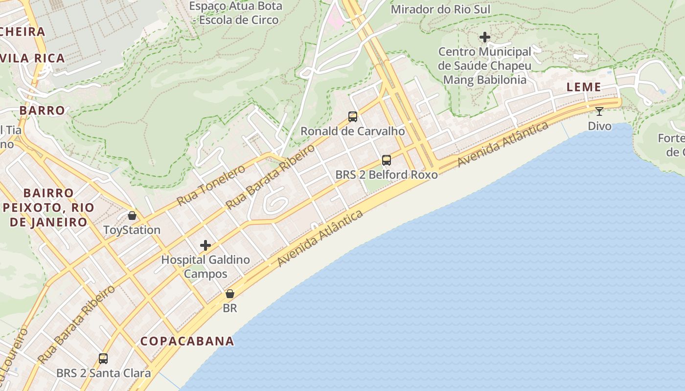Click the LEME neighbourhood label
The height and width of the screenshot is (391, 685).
pyautogui.click(x=584, y=87)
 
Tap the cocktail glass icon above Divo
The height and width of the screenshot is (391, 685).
pyautogui.click(x=599, y=111)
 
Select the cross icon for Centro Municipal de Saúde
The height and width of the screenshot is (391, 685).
pyautogui.click(x=485, y=37)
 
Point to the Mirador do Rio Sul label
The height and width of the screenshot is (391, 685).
pyautogui.click(x=440, y=9)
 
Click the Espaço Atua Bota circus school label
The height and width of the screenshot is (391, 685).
pyautogui.click(x=236, y=13)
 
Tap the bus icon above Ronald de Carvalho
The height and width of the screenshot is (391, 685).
pyautogui.click(x=353, y=117)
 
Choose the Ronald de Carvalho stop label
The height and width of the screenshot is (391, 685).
pyautogui.click(x=353, y=131)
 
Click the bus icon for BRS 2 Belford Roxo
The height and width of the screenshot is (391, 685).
pyautogui.click(x=387, y=160)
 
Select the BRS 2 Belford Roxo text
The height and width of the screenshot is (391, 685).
pyautogui.click(x=387, y=174)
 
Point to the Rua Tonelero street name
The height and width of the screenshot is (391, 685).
pyautogui.click(x=211, y=185)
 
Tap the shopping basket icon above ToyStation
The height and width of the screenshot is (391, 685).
pyautogui.click(x=132, y=216)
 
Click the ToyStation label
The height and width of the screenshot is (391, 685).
pyautogui.click(x=132, y=230)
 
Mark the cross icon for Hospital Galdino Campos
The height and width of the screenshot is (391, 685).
pyautogui.click(x=205, y=245)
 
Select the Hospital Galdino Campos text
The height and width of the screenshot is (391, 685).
pyautogui.click(x=205, y=266)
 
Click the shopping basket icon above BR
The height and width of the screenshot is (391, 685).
pyautogui.click(x=230, y=294)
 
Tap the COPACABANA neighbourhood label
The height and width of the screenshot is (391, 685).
pyautogui.click(x=187, y=341)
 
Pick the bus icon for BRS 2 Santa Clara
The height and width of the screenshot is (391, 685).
pyautogui.click(x=103, y=359)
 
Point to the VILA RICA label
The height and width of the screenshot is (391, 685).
pyautogui.click(x=33, y=59)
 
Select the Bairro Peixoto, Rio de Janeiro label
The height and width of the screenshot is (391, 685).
pyautogui.click(x=48, y=208)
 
